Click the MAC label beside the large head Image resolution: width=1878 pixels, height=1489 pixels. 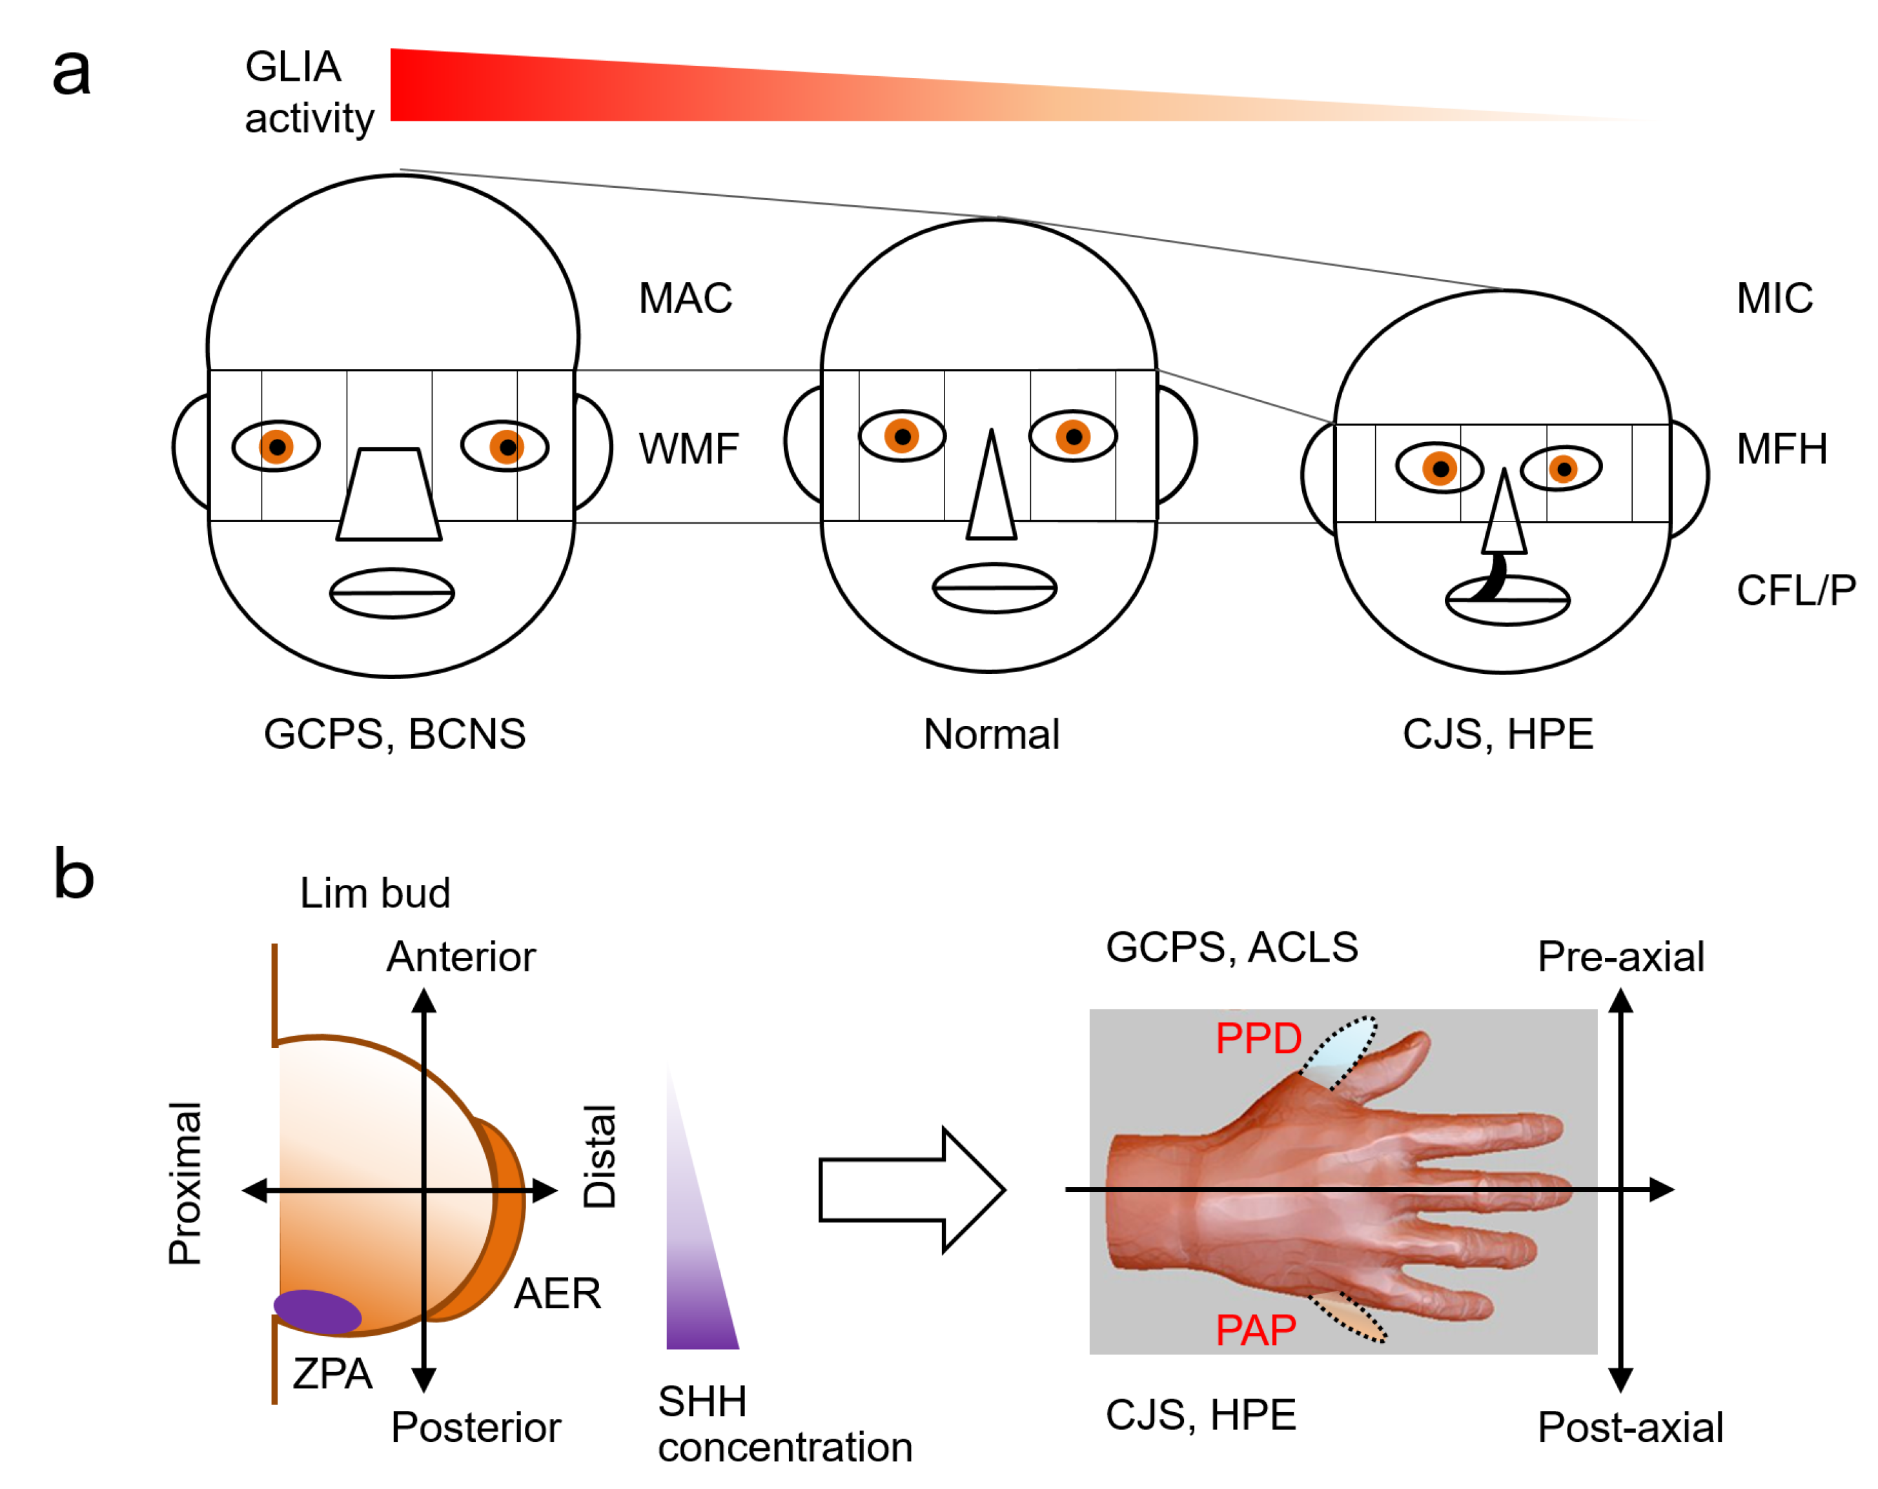point(685,299)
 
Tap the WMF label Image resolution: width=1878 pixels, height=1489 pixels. point(688,449)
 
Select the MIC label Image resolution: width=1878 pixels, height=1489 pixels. point(1773,299)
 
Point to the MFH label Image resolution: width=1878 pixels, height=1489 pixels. point(1781,449)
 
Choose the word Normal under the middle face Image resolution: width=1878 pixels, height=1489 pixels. point(990,734)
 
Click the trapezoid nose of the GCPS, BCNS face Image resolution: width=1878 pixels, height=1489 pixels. point(389,494)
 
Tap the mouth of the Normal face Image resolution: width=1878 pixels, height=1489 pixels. point(994,588)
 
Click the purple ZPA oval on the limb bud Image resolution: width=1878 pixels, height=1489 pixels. point(317,1312)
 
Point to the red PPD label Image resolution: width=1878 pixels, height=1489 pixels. point(1257,1038)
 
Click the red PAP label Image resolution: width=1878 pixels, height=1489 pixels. point(1255,1330)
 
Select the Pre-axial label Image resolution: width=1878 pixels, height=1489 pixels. point(1620,957)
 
